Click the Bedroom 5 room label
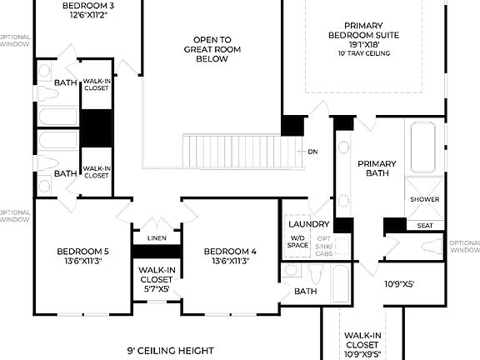(82, 256)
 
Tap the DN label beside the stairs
(312, 152)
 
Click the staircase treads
(242, 151)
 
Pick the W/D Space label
(297, 242)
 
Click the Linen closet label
(157, 238)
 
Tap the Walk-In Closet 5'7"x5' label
(157, 278)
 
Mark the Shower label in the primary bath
(425, 199)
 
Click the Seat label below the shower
(425, 225)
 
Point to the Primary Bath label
(377, 168)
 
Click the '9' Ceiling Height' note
(171, 350)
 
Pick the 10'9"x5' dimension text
(398, 284)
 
